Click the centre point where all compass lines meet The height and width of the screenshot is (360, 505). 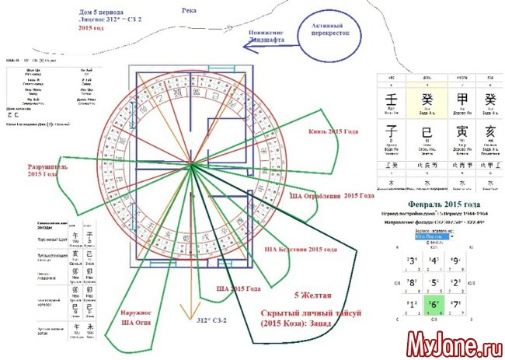coord(190,165)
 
